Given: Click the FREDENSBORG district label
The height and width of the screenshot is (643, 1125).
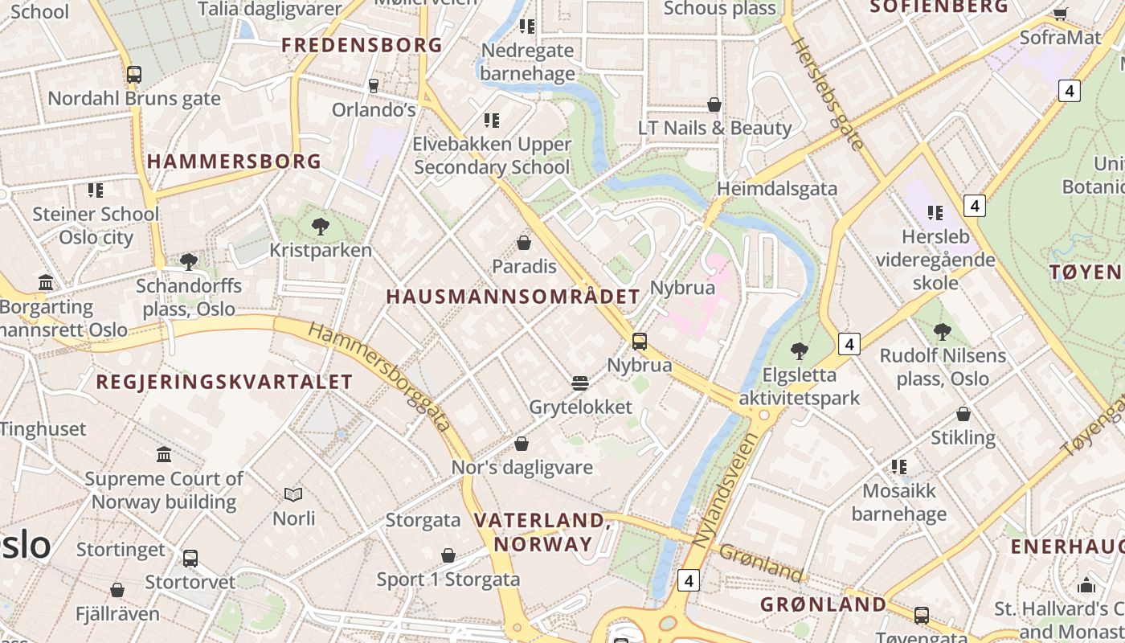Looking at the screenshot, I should pyautogui.click(x=362, y=45).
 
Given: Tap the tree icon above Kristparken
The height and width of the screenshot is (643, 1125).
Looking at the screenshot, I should pyautogui.click(x=321, y=226).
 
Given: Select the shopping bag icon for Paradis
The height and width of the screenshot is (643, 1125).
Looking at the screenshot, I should pyautogui.click(x=524, y=242).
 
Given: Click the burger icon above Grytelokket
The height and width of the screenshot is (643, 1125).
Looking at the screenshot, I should pyautogui.click(x=580, y=383).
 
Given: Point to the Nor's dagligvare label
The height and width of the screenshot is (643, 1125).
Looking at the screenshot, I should pyautogui.click(x=522, y=467).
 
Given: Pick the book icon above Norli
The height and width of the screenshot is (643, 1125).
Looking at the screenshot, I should pyautogui.click(x=293, y=494).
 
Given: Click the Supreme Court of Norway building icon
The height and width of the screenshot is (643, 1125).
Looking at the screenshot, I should pyautogui.click(x=164, y=455).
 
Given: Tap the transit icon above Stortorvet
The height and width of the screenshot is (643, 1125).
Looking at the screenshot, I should pyautogui.click(x=190, y=558).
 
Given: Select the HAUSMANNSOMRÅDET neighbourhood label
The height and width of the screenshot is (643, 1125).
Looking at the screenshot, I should pyautogui.click(x=513, y=297).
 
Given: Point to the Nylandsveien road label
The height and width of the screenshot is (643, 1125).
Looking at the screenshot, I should pyautogui.click(x=725, y=491).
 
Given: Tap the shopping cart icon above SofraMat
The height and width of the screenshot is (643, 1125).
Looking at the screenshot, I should pyautogui.click(x=1060, y=14).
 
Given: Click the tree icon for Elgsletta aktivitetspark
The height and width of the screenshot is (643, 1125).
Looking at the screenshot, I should pyautogui.click(x=799, y=350).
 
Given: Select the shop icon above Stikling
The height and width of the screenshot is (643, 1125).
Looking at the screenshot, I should pyautogui.click(x=963, y=414).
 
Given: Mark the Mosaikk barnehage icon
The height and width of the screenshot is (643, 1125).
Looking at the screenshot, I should pyautogui.click(x=899, y=466).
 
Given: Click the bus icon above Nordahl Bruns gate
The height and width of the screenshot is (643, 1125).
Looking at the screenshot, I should pyautogui.click(x=134, y=75).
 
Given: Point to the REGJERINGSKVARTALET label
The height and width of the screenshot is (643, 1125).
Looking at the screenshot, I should pyautogui.click(x=224, y=382).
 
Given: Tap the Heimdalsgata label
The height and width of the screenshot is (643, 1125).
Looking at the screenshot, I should pyautogui.click(x=777, y=189).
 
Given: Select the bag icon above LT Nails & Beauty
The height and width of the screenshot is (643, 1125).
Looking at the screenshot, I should pyautogui.click(x=714, y=104).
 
